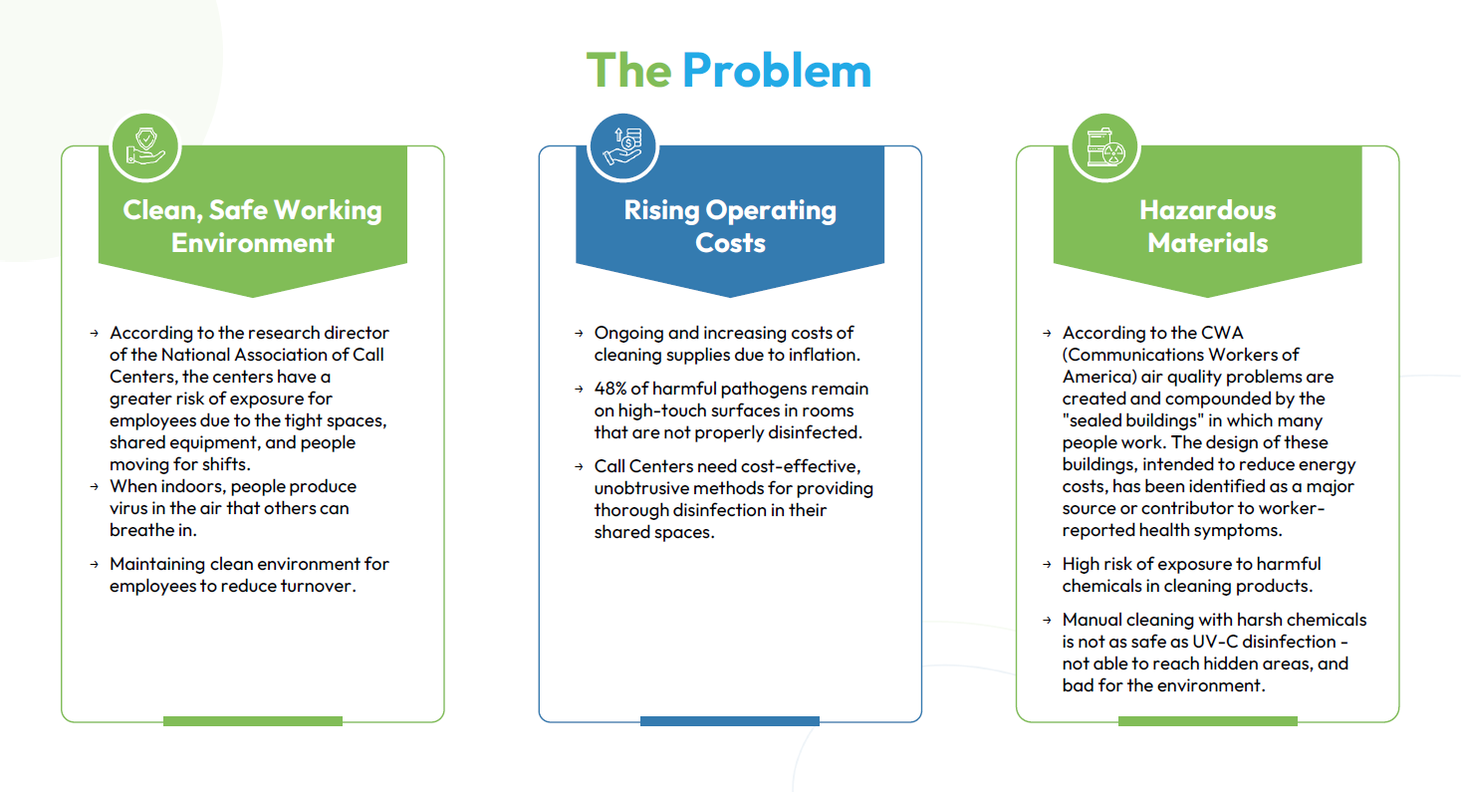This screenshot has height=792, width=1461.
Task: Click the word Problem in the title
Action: tap(777, 71)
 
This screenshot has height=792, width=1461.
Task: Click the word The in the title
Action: tap(628, 71)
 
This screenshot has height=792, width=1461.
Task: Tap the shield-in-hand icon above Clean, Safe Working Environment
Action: tap(144, 146)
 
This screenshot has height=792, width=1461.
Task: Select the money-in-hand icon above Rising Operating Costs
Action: tap(622, 146)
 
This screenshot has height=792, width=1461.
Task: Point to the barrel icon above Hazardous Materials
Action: tap(1104, 146)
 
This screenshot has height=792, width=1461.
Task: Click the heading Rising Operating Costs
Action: tap(730, 226)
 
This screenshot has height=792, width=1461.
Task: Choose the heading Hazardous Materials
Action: tap(1207, 226)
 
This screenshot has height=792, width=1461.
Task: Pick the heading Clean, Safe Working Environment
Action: tap(252, 226)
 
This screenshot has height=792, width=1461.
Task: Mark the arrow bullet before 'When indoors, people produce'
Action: tap(95, 487)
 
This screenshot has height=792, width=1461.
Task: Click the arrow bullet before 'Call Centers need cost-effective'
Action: tap(579, 466)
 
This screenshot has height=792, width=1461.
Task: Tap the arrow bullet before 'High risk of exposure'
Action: tap(1047, 564)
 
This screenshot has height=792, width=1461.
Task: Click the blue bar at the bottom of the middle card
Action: tap(730, 721)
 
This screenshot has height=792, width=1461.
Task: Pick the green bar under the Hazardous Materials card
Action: tap(1207, 721)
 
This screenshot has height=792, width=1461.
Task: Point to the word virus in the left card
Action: tap(127, 508)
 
